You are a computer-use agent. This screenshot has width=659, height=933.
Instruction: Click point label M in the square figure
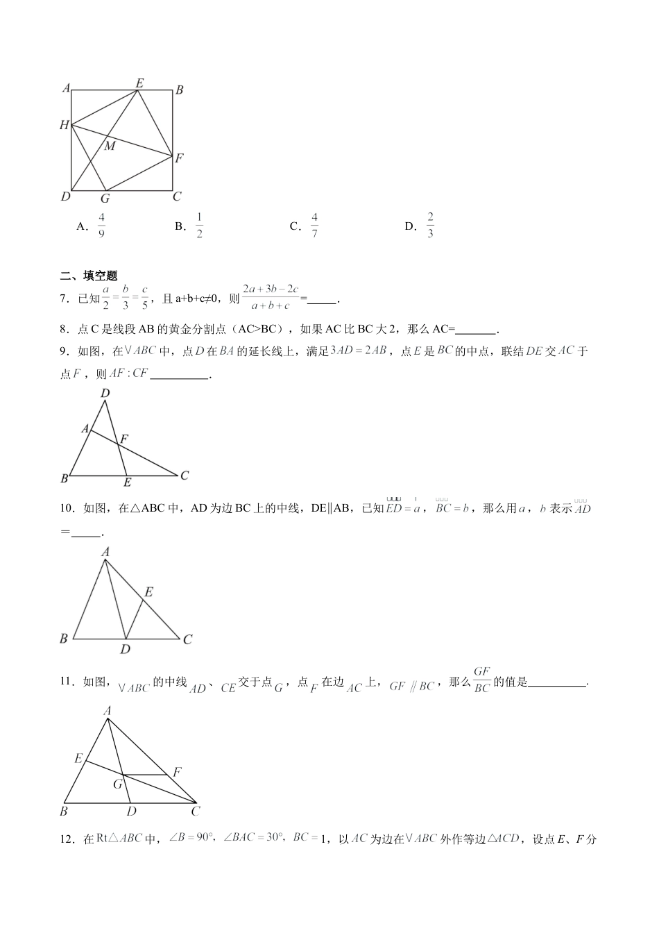point(110,146)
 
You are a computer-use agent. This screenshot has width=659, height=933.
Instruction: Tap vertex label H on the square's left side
point(65,126)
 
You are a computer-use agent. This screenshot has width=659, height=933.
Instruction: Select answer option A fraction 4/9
point(101,226)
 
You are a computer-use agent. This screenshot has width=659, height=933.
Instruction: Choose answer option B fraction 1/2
point(199,226)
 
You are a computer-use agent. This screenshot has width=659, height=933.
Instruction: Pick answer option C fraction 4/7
point(314,226)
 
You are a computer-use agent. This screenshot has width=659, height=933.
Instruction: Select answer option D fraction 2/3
point(430,226)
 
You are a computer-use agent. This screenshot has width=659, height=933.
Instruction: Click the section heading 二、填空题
point(89,276)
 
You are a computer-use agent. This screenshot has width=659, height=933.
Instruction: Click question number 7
point(65,299)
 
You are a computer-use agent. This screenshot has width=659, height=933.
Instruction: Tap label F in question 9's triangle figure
point(125,439)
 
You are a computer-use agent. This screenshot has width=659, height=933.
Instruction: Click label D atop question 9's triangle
point(105,394)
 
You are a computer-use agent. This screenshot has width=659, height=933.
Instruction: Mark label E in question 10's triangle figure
point(148,592)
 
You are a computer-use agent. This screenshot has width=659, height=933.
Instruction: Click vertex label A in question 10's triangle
point(105,552)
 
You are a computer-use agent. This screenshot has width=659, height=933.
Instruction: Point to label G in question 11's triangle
point(118,784)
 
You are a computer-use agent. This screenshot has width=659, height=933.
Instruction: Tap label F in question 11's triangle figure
point(177,772)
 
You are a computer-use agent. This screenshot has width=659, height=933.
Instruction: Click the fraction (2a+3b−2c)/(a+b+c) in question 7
point(271,296)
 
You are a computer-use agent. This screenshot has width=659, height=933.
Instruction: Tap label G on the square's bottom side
point(105,199)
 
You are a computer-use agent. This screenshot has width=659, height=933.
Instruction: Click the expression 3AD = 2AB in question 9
point(359,351)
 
